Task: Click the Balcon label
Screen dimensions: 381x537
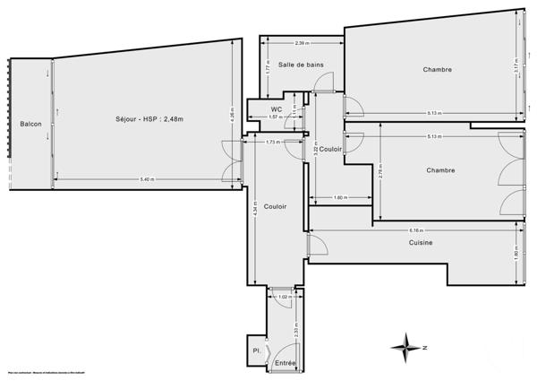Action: (x=30, y=123)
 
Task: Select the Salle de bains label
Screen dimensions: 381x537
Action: (x=301, y=65)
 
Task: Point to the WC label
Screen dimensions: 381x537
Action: (x=277, y=109)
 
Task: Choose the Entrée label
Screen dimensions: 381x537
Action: (x=285, y=362)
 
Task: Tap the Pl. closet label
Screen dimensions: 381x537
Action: (x=257, y=351)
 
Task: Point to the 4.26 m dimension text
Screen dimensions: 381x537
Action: (x=231, y=114)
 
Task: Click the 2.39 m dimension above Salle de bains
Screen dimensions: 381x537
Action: (x=302, y=43)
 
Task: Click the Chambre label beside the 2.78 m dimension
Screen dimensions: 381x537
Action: (x=440, y=170)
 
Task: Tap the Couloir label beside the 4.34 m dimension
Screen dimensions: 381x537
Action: (x=276, y=206)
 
